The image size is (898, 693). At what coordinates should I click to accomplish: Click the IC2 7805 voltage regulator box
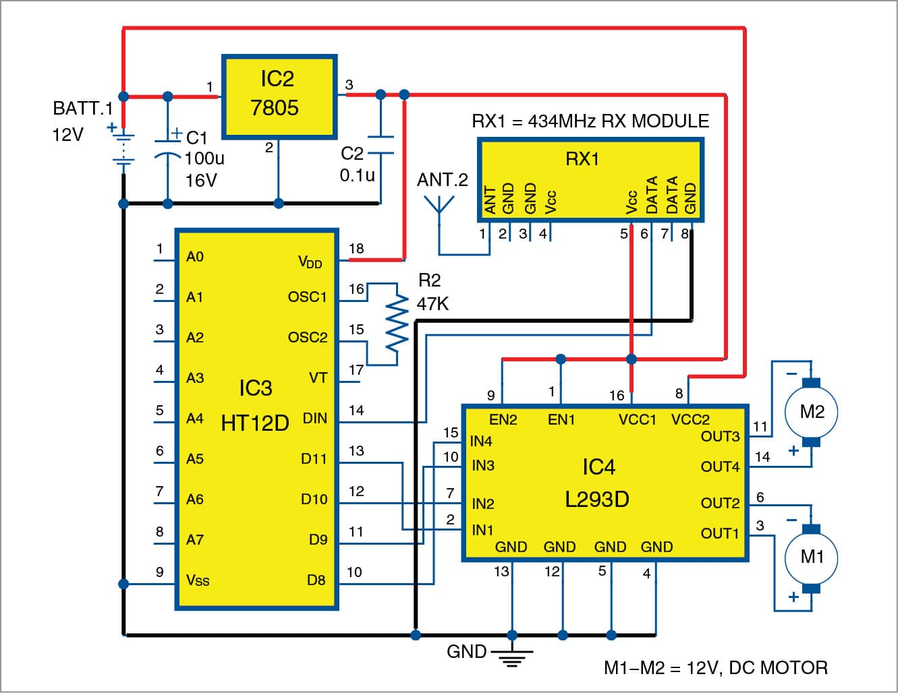pyautogui.click(x=279, y=97)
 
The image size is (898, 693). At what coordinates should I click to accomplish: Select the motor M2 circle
pyautogui.click(x=811, y=412)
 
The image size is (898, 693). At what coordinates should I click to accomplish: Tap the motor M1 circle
pyautogui.click(x=811, y=557)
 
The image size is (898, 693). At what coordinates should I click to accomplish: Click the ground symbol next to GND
pyautogui.click(x=512, y=656)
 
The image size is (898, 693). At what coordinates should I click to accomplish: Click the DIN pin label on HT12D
pyautogui.click(x=314, y=419)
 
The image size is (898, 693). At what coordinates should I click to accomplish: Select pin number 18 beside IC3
pyautogui.click(x=356, y=249)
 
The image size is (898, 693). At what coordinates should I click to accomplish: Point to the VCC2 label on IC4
pyautogui.click(x=690, y=419)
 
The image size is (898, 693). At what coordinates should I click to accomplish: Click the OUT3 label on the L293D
pyautogui.click(x=720, y=436)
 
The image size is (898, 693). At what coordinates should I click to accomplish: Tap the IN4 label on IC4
pyautogui.click(x=481, y=442)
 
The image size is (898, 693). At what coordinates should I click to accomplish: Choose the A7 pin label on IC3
pyautogui.click(x=195, y=540)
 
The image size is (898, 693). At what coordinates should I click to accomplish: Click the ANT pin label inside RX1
pyautogui.click(x=490, y=200)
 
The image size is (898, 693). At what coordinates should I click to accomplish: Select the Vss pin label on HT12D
pyautogui.click(x=197, y=580)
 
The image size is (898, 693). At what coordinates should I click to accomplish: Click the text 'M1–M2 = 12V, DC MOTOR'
pyautogui.click(x=715, y=668)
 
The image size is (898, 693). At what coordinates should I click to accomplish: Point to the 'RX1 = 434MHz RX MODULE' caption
pyautogui.click(x=590, y=121)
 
